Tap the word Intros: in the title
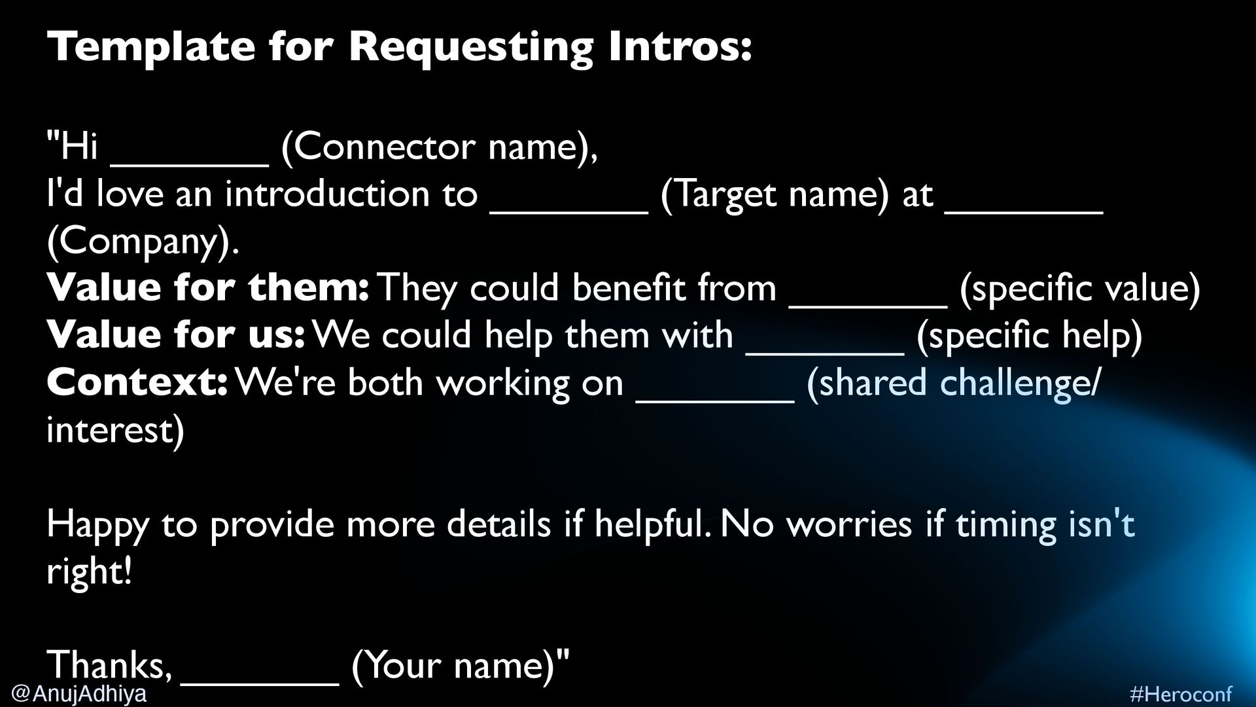(680, 47)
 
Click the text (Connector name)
(439, 147)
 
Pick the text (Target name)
(775, 194)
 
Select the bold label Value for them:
(208, 288)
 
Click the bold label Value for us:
(175, 335)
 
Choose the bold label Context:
(137, 382)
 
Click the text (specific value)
(1079, 288)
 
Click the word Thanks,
(109, 665)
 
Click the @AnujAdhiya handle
(79, 693)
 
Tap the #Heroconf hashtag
(1181, 694)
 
